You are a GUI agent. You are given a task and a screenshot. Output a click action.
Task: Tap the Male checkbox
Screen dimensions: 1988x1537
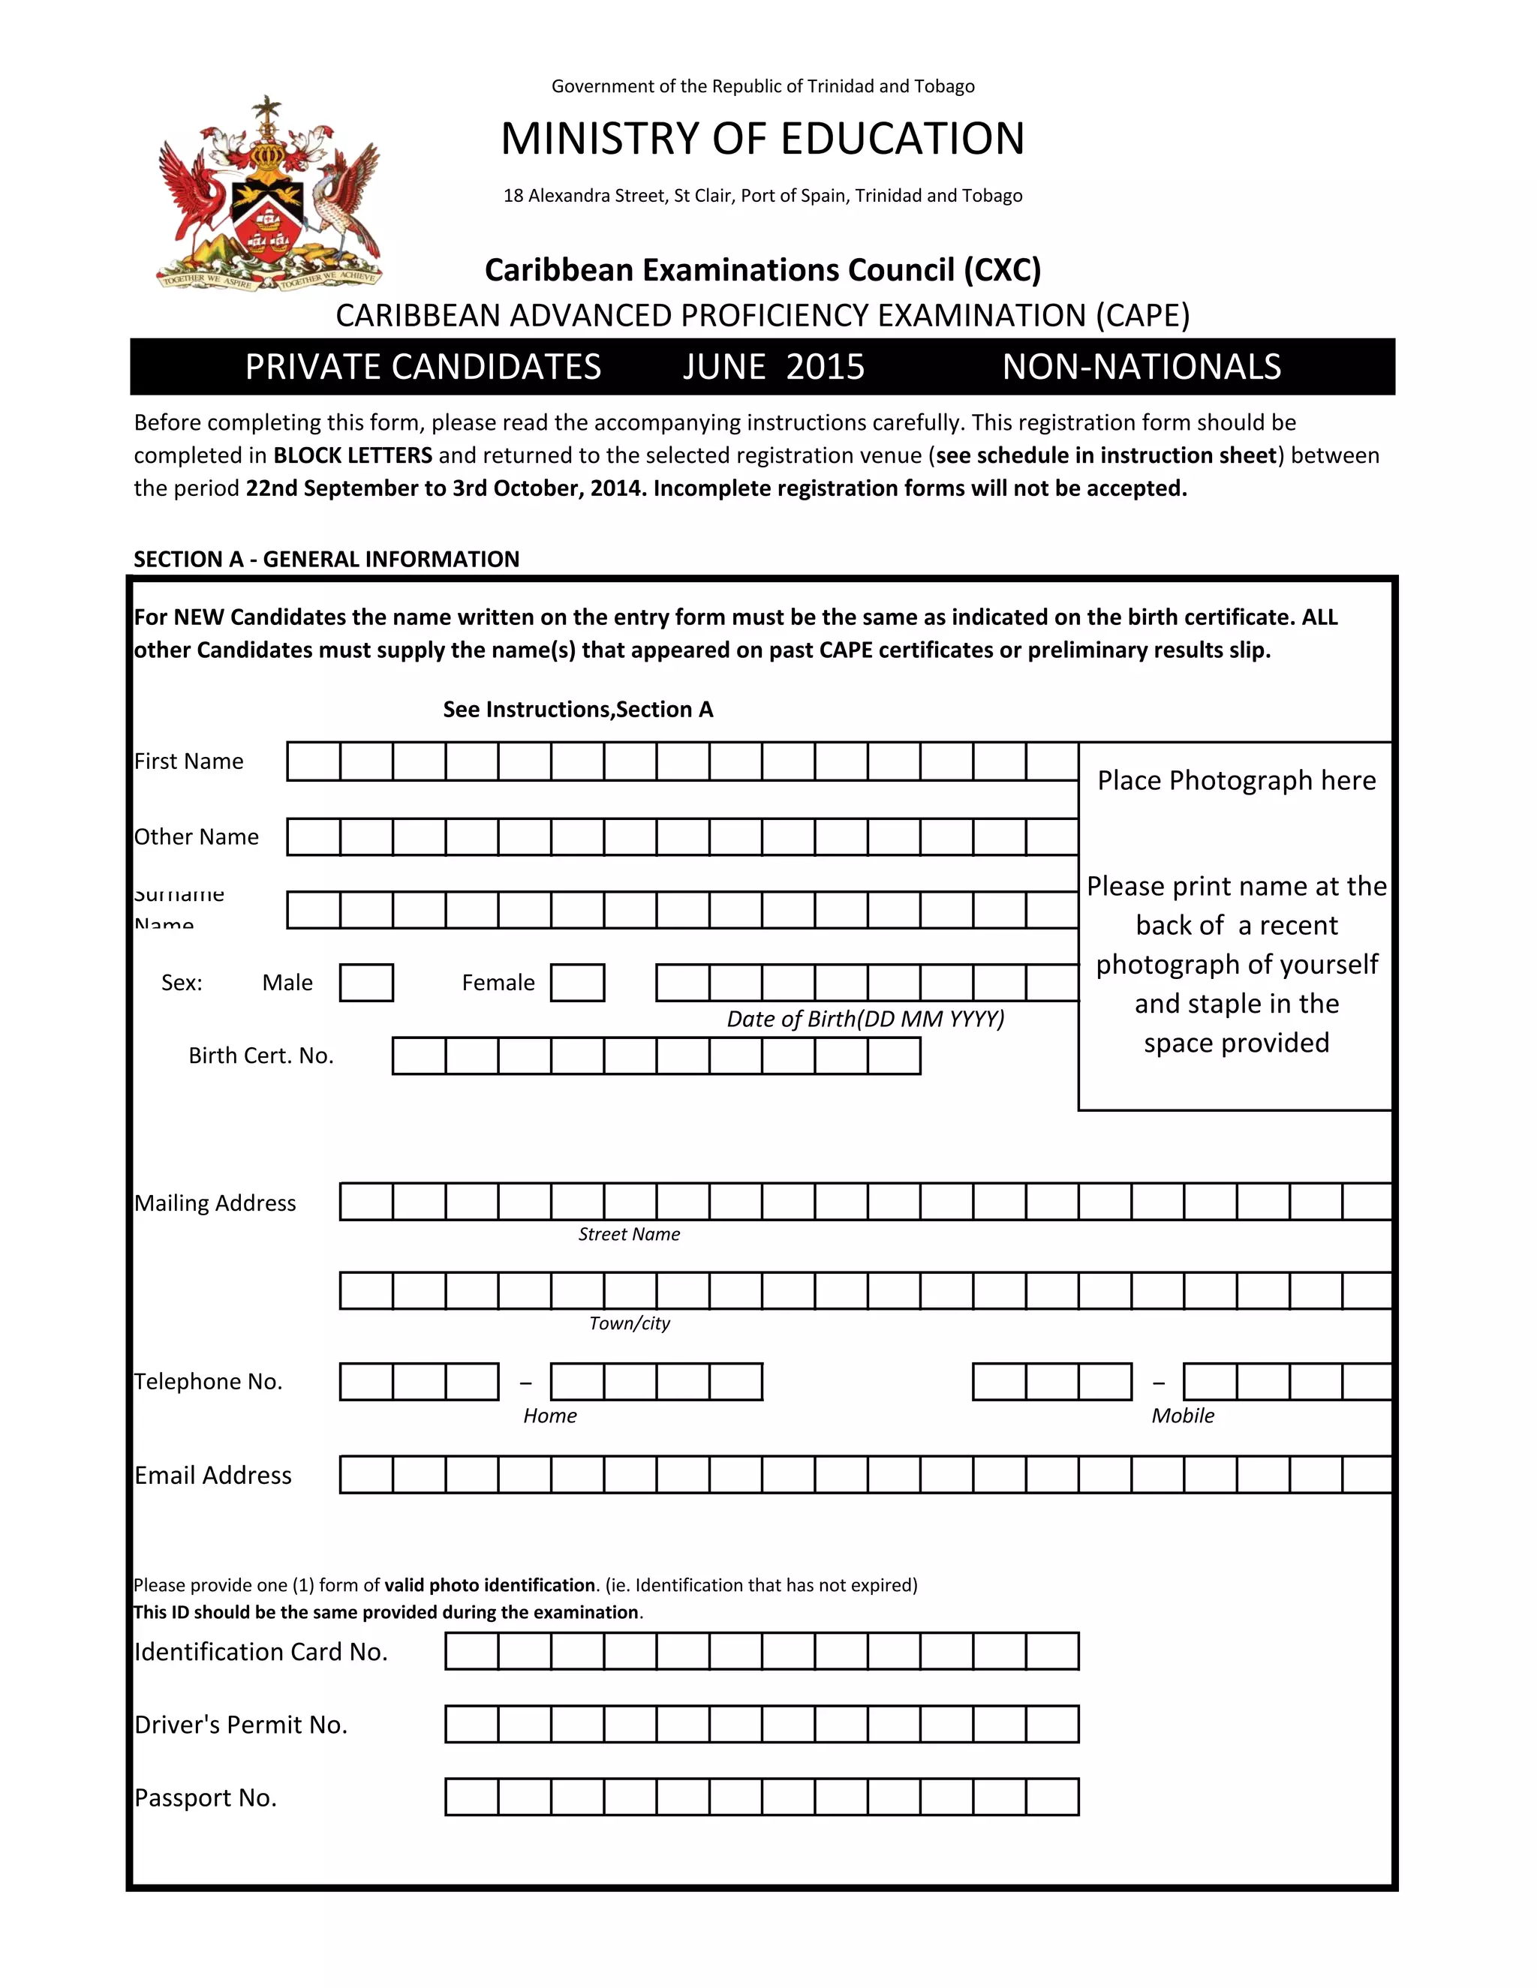pyautogui.click(x=366, y=983)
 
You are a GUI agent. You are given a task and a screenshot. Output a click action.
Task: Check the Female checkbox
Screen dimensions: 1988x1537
pyautogui.click(x=577, y=983)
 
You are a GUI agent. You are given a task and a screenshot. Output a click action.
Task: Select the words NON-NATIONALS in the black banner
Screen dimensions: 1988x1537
pyautogui.click(x=1141, y=367)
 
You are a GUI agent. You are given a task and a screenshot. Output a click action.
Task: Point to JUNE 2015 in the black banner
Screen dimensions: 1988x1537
pyautogui.click(x=773, y=367)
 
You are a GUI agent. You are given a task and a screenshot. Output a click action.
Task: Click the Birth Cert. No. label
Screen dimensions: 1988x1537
pyautogui.click(x=261, y=1056)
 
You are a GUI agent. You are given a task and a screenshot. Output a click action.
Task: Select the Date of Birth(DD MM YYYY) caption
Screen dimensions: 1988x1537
pyautogui.click(x=865, y=1019)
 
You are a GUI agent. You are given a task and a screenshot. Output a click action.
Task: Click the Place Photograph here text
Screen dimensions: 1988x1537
pyautogui.click(x=1235, y=780)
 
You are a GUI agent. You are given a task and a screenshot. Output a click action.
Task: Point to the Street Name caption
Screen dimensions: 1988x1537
pyautogui.click(x=629, y=1234)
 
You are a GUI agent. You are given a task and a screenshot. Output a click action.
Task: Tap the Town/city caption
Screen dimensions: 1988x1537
pyautogui.click(x=629, y=1323)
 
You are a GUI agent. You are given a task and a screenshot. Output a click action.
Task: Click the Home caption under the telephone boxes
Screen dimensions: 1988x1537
pyautogui.click(x=550, y=1416)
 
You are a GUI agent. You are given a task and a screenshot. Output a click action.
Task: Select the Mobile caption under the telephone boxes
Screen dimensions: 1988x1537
pyautogui.click(x=1182, y=1416)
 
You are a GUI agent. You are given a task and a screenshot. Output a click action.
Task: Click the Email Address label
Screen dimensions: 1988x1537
pyautogui.click(x=213, y=1476)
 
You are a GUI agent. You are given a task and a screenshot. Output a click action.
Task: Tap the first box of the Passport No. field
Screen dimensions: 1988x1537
pyautogui.click(x=471, y=1797)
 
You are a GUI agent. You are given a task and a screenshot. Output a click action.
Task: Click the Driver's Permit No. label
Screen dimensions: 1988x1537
pyautogui.click(x=242, y=1725)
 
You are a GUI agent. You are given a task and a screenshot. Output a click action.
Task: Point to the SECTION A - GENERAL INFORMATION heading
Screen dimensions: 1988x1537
pyautogui.click(x=326, y=559)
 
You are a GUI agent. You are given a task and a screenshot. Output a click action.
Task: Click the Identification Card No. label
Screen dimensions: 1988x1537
pyautogui.click(x=261, y=1652)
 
